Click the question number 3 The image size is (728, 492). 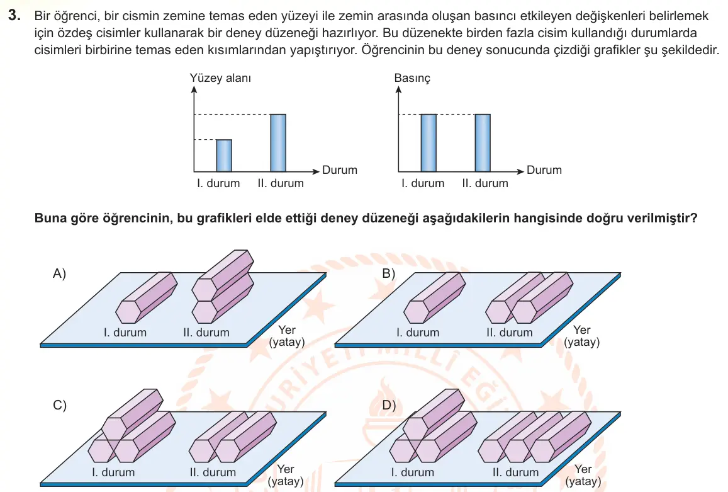point(14,15)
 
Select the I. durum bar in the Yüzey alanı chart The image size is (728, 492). point(224,156)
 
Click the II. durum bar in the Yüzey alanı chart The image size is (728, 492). point(278,143)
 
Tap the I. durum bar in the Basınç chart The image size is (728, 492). point(428,143)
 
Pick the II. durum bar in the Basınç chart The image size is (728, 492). point(483,143)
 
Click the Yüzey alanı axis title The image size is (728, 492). point(220,77)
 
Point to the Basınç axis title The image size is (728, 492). point(412,77)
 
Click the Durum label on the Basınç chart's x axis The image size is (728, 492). point(544,169)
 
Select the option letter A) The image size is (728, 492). point(59,273)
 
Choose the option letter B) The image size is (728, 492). point(389,273)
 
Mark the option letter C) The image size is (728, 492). point(59,405)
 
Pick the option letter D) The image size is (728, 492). point(389,405)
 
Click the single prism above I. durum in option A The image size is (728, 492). point(146,297)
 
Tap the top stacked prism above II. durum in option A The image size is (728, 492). point(223,275)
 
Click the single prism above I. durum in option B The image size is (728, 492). point(435,297)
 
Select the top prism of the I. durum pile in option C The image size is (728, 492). point(133,415)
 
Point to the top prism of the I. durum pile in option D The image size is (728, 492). point(434,415)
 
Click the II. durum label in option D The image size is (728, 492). point(515,472)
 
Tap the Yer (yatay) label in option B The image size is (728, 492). point(582,336)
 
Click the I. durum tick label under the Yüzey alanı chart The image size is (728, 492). point(218,183)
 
